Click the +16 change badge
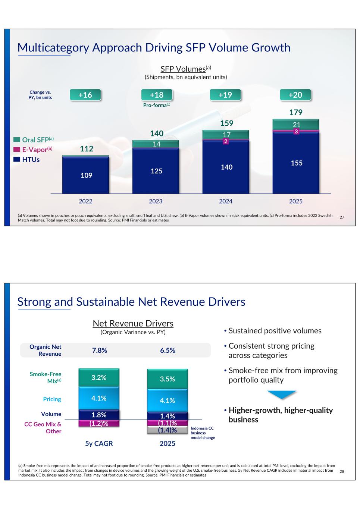click(x=85, y=95)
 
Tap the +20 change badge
click(x=295, y=95)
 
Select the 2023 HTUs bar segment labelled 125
click(x=156, y=171)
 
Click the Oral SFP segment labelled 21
click(x=296, y=125)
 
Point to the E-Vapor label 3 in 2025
click(x=296, y=132)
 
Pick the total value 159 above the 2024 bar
click(x=226, y=123)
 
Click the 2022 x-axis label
click(x=85, y=201)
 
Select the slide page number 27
click(x=342, y=217)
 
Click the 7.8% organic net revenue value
click(x=100, y=351)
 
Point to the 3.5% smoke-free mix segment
click(x=168, y=379)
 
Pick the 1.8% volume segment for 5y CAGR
click(x=99, y=415)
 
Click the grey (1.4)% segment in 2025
click(x=167, y=430)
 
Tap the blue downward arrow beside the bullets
click(x=282, y=395)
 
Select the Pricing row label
click(x=52, y=399)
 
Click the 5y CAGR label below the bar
click(x=99, y=444)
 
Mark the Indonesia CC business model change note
click(x=203, y=433)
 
